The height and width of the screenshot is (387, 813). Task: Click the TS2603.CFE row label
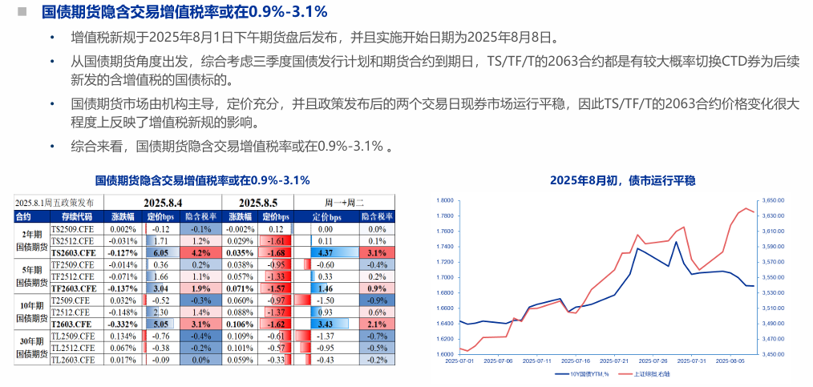[72, 251]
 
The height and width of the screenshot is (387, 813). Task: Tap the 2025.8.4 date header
[164, 203]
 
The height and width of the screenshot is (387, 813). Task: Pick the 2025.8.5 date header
[257, 203]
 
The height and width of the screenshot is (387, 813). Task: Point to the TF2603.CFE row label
[72, 288]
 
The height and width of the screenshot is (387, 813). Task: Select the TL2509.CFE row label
[72, 337]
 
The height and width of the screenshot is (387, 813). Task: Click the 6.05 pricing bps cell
[160, 251]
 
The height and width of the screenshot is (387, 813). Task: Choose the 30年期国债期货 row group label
[30, 348]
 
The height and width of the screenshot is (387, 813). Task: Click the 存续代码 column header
[71, 216]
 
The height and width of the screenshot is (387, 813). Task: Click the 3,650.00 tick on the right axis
[773, 200]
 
